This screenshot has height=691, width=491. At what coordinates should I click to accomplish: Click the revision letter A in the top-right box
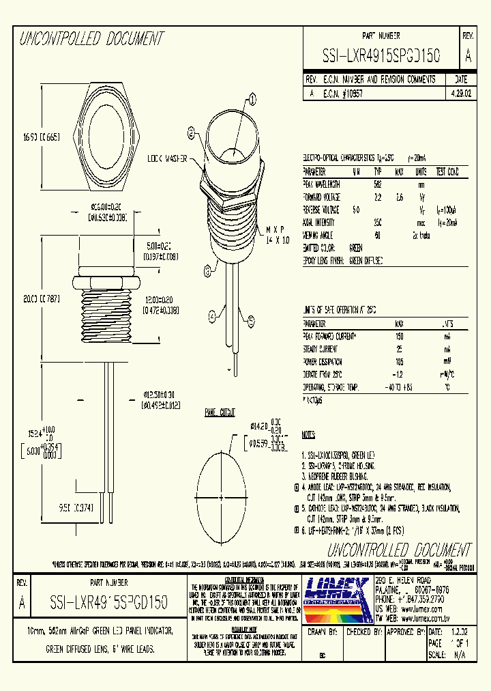467,55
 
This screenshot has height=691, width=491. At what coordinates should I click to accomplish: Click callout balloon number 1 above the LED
252,100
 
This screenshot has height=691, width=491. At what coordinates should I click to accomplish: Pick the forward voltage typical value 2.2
377,197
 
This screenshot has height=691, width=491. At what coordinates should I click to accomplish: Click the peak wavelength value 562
377,184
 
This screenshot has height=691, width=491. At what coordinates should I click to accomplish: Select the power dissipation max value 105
399,361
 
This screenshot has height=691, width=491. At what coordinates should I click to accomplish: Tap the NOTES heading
309,434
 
